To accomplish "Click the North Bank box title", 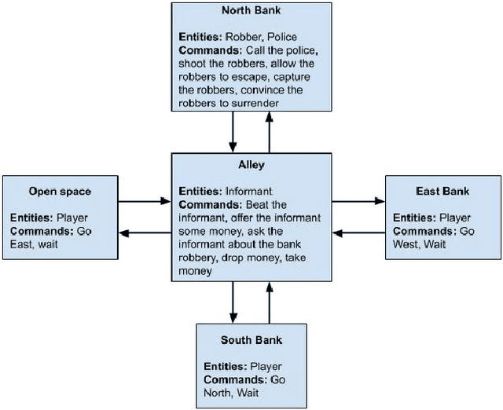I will point(251,10).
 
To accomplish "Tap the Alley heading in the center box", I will point(251,166).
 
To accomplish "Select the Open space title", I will point(60,191).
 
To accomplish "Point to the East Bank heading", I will point(442,191).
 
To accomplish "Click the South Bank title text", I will point(251,340).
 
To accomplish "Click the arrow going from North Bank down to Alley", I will point(233,132).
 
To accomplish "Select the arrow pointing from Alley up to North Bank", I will point(270,132).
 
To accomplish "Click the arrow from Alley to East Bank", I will point(358,202).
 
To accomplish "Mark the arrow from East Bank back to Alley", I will point(358,232).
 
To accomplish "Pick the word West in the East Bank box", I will point(407,244).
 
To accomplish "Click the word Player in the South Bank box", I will point(265,367).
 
